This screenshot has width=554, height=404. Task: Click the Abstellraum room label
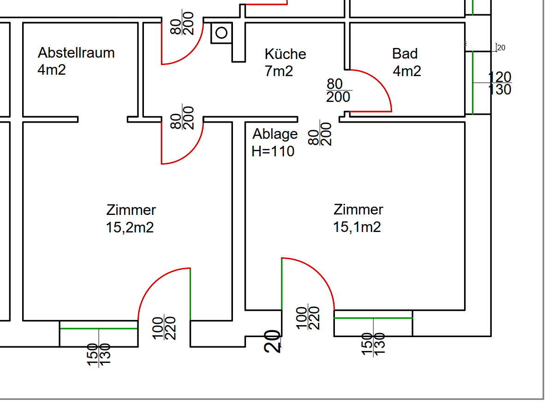[x=76, y=53]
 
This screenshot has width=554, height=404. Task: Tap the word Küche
[x=285, y=54]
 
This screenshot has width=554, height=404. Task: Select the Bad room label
[x=405, y=53]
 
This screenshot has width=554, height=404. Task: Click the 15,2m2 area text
[x=130, y=227]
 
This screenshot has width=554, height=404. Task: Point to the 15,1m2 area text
[x=357, y=227]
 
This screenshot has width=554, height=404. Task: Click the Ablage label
[x=275, y=134]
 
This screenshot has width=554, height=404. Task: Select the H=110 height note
[x=273, y=151]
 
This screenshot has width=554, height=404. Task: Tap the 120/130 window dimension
[x=500, y=83]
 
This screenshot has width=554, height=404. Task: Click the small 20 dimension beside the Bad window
[x=501, y=48]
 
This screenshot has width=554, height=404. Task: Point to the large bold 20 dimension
[x=273, y=341]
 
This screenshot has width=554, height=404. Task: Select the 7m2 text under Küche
[x=279, y=71]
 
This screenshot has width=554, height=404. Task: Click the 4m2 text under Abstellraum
[x=52, y=70]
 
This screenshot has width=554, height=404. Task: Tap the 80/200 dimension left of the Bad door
[x=339, y=90]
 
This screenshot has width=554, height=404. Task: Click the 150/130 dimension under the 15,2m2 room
[x=99, y=355]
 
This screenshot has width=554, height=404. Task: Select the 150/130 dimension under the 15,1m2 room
[x=373, y=344]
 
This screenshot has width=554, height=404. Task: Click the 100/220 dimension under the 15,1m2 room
[x=308, y=318]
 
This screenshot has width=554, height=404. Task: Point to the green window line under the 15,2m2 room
[x=99, y=328]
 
